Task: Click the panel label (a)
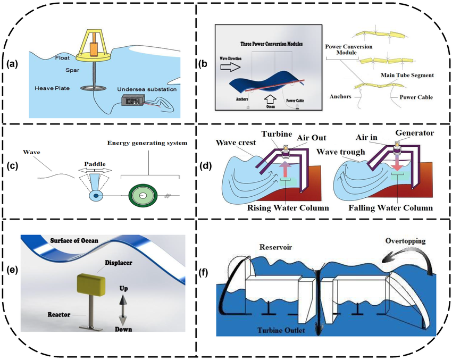[x=12, y=64]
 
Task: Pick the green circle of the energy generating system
[x=142, y=195]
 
